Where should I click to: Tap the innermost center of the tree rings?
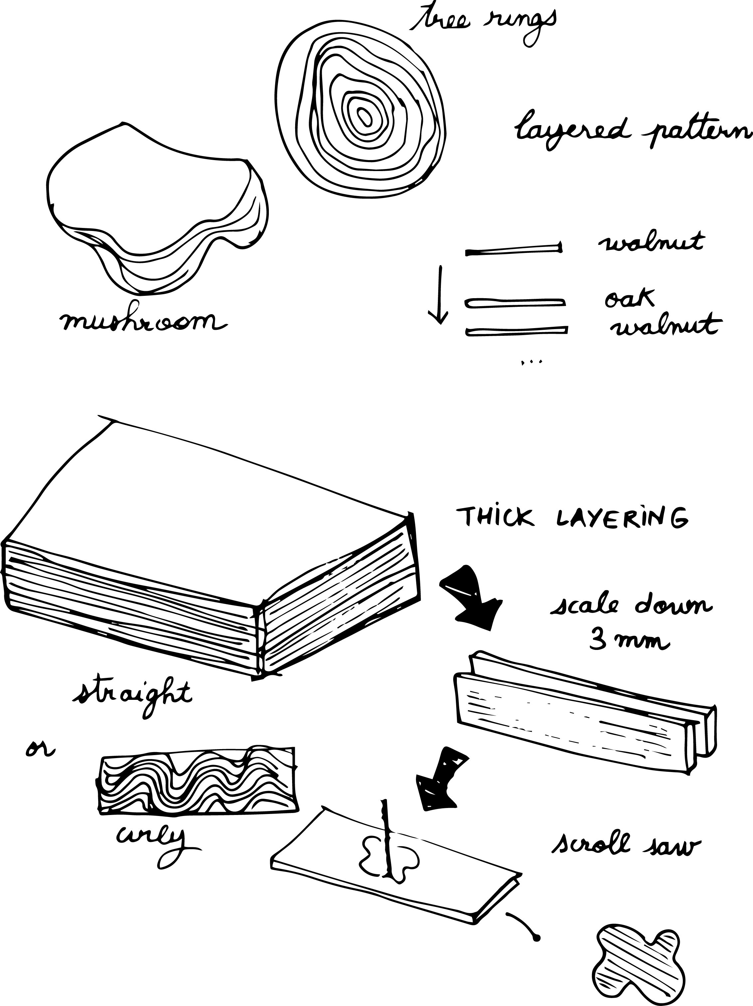364,117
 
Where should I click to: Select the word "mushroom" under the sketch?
143,322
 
